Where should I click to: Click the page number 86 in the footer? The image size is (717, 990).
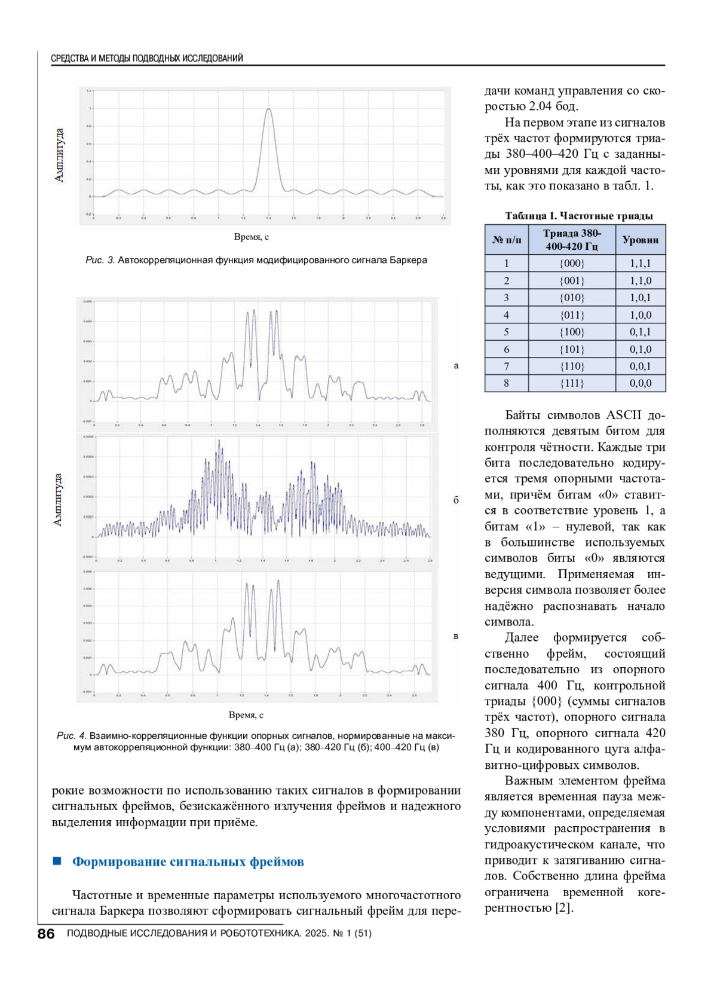[x=46, y=934]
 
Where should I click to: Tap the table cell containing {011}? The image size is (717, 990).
[x=572, y=315]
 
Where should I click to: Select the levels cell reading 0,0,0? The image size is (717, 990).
[x=641, y=383]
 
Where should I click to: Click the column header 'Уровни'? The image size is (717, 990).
[x=641, y=240]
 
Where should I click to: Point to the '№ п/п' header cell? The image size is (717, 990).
[x=507, y=240]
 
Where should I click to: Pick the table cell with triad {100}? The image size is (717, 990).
[x=572, y=332]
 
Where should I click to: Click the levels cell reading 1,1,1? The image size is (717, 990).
[x=641, y=263]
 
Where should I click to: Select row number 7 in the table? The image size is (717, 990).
[x=507, y=366]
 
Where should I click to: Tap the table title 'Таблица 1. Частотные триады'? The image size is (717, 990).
[x=578, y=216]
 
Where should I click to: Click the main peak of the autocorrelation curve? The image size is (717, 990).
[x=269, y=109]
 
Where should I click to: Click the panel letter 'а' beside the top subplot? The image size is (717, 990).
[x=456, y=366]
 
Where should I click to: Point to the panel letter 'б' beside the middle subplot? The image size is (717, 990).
[x=456, y=500]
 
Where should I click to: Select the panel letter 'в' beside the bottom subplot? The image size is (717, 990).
[x=456, y=636]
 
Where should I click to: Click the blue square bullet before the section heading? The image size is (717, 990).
[x=57, y=861]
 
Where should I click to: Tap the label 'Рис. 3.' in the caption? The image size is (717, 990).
[x=100, y=260]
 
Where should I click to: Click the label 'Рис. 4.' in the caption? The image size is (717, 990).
[x=72, y=735]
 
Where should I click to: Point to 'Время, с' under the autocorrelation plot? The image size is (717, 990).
[x=251, y=237]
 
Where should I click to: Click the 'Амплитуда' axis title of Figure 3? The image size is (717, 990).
[x=59, y=155]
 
